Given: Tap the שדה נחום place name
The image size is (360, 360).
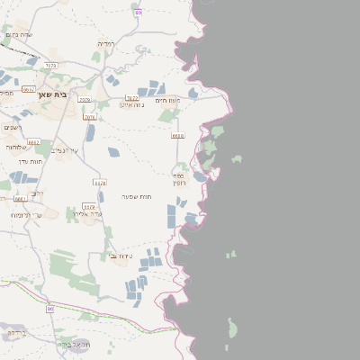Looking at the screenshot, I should (x=19, y=34).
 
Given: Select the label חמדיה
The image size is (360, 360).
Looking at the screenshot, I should (x=105, y=42).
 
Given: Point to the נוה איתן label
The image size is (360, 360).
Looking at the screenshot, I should (x=132, y=104).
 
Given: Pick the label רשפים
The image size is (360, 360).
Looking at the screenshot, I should (x=12, y=128).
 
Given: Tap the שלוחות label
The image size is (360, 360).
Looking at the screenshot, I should (x=17, y=147).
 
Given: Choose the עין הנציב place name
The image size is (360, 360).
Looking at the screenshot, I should (x=66, y=150).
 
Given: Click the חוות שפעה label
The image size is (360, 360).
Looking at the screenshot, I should (x=139, y=196).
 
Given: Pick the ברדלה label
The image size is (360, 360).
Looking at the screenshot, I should (x=17, y=333).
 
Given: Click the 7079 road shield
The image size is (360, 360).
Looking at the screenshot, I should (x=85, y=99).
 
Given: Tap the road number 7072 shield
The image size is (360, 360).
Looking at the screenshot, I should (x=131, y=97).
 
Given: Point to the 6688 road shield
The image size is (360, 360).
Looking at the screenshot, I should (x=177, y=135).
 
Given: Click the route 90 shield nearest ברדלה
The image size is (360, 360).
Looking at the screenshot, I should (x=50, y=309).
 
